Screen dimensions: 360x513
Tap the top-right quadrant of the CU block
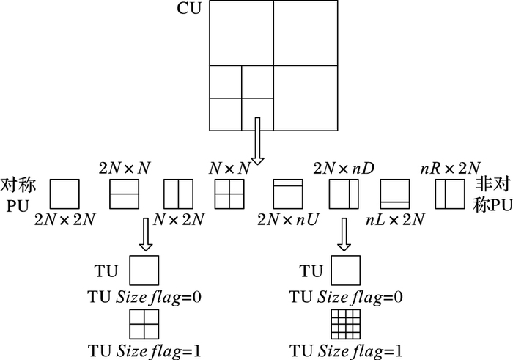pos(306,33)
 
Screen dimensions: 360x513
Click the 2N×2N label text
pos(64,218)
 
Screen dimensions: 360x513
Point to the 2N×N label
pos(125,168)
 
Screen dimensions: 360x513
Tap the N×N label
pos(229,168)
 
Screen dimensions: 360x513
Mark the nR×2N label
pos(449,168)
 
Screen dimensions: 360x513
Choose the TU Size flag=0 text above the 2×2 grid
pos(143,297)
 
